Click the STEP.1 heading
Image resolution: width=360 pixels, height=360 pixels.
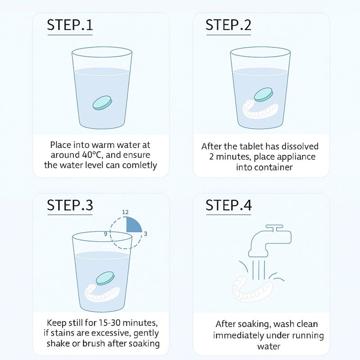70,25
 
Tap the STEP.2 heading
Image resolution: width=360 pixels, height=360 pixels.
229,25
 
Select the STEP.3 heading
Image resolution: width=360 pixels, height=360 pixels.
70,205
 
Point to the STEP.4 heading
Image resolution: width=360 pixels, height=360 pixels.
229,205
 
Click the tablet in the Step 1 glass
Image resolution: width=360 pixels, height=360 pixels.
103,103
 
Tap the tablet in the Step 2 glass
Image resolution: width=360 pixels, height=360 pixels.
264,94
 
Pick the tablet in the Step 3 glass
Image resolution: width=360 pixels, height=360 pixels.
105,278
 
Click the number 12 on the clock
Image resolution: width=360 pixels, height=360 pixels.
125,212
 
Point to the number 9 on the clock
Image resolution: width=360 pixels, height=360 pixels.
106,234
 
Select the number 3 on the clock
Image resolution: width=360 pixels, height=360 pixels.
145,234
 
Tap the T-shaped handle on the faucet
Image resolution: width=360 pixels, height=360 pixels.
274,228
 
